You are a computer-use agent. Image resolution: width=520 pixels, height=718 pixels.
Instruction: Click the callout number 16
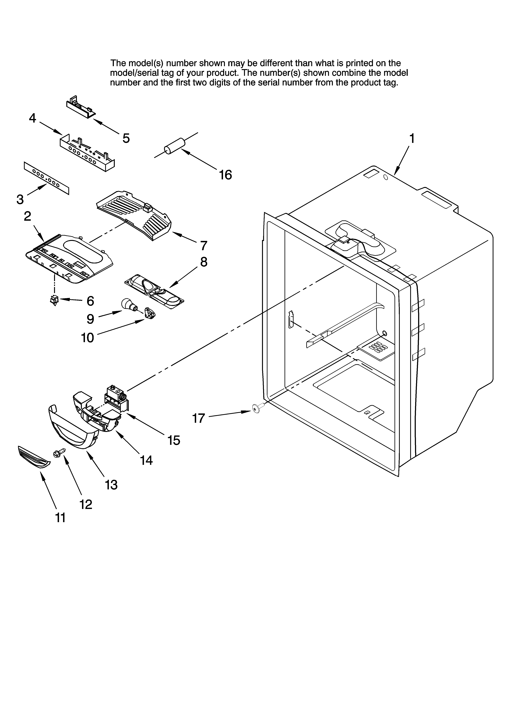click(226, 175)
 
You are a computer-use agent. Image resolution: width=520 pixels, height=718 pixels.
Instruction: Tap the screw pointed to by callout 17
click(256, 409)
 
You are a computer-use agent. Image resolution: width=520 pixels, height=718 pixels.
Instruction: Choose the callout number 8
click(204, 262)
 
